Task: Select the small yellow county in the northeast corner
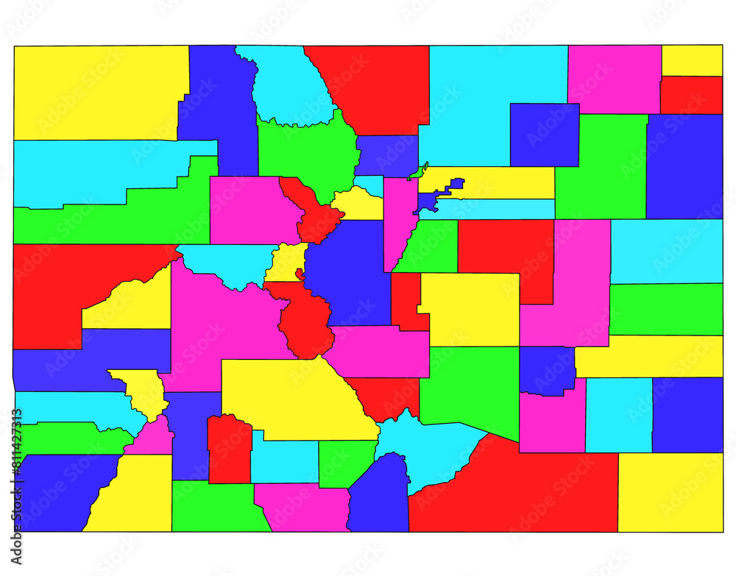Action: tap(692, 60)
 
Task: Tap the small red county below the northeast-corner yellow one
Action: tap(691, 95)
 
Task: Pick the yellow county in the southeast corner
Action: tap(670, 491)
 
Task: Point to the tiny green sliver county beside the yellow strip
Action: tap(419, 172)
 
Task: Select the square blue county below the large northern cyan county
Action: tap(544, 134)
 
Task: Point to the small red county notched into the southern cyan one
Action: tap(230, 449)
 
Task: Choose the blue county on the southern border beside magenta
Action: tap(380, 497)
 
